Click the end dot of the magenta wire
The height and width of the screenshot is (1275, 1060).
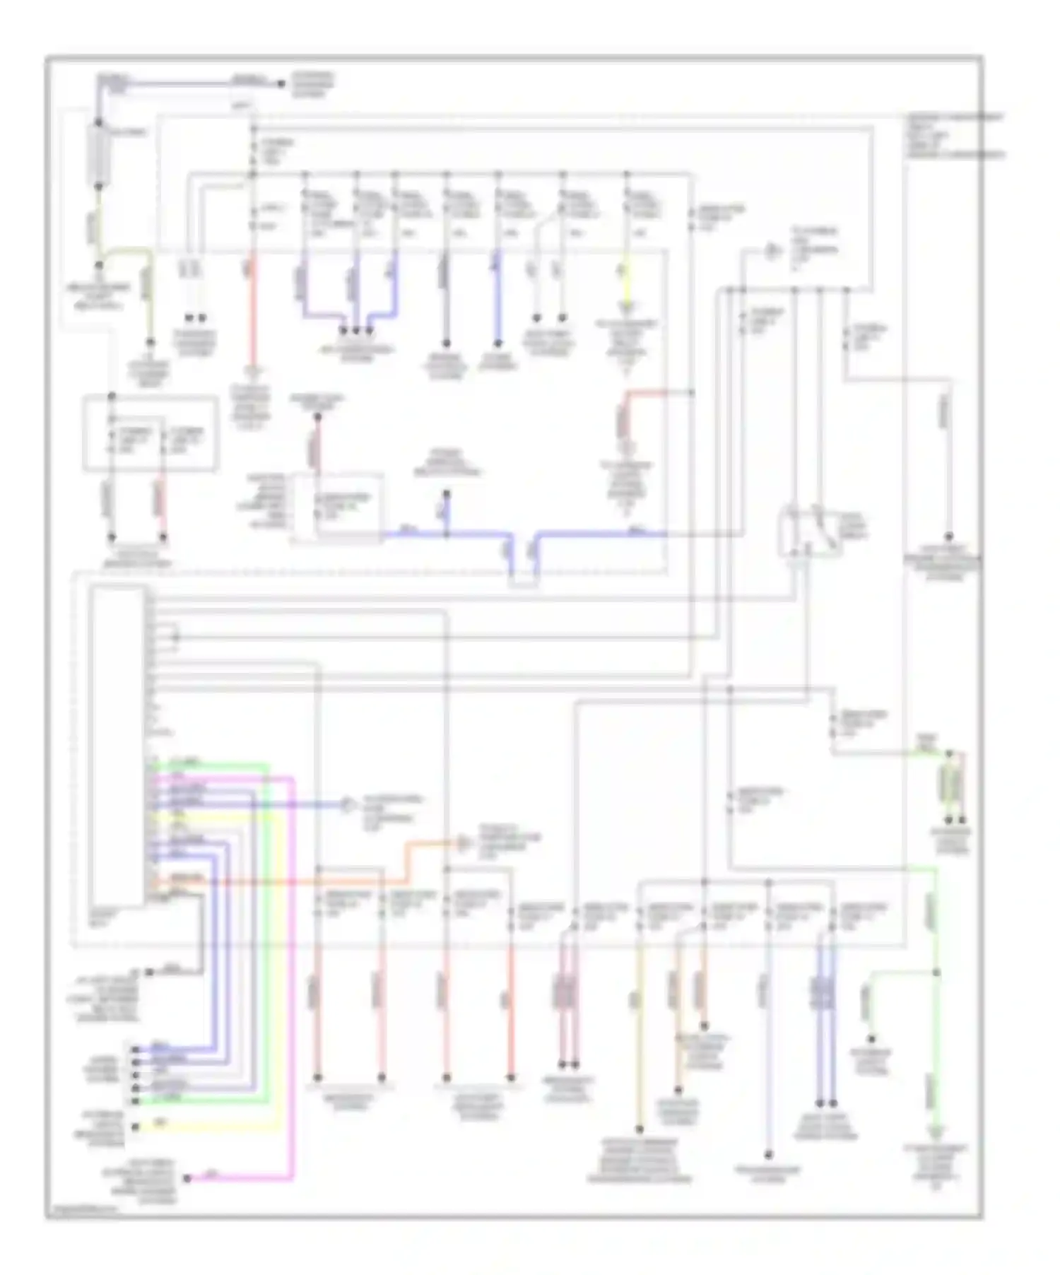[187, 1178]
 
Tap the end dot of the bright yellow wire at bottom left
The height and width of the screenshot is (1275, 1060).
[136, 1127]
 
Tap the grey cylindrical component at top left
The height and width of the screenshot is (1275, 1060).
[99, 152]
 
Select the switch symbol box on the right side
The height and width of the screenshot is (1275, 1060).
[810, 531]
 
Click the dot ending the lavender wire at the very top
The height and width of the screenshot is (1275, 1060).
[281, 83]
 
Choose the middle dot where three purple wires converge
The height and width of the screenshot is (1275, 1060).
[356, 330]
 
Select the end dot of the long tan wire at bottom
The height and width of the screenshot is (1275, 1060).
[640, 1129]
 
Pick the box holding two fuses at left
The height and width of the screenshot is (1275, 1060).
[151, 433]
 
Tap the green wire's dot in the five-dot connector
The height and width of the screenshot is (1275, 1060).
[135, 1100]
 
